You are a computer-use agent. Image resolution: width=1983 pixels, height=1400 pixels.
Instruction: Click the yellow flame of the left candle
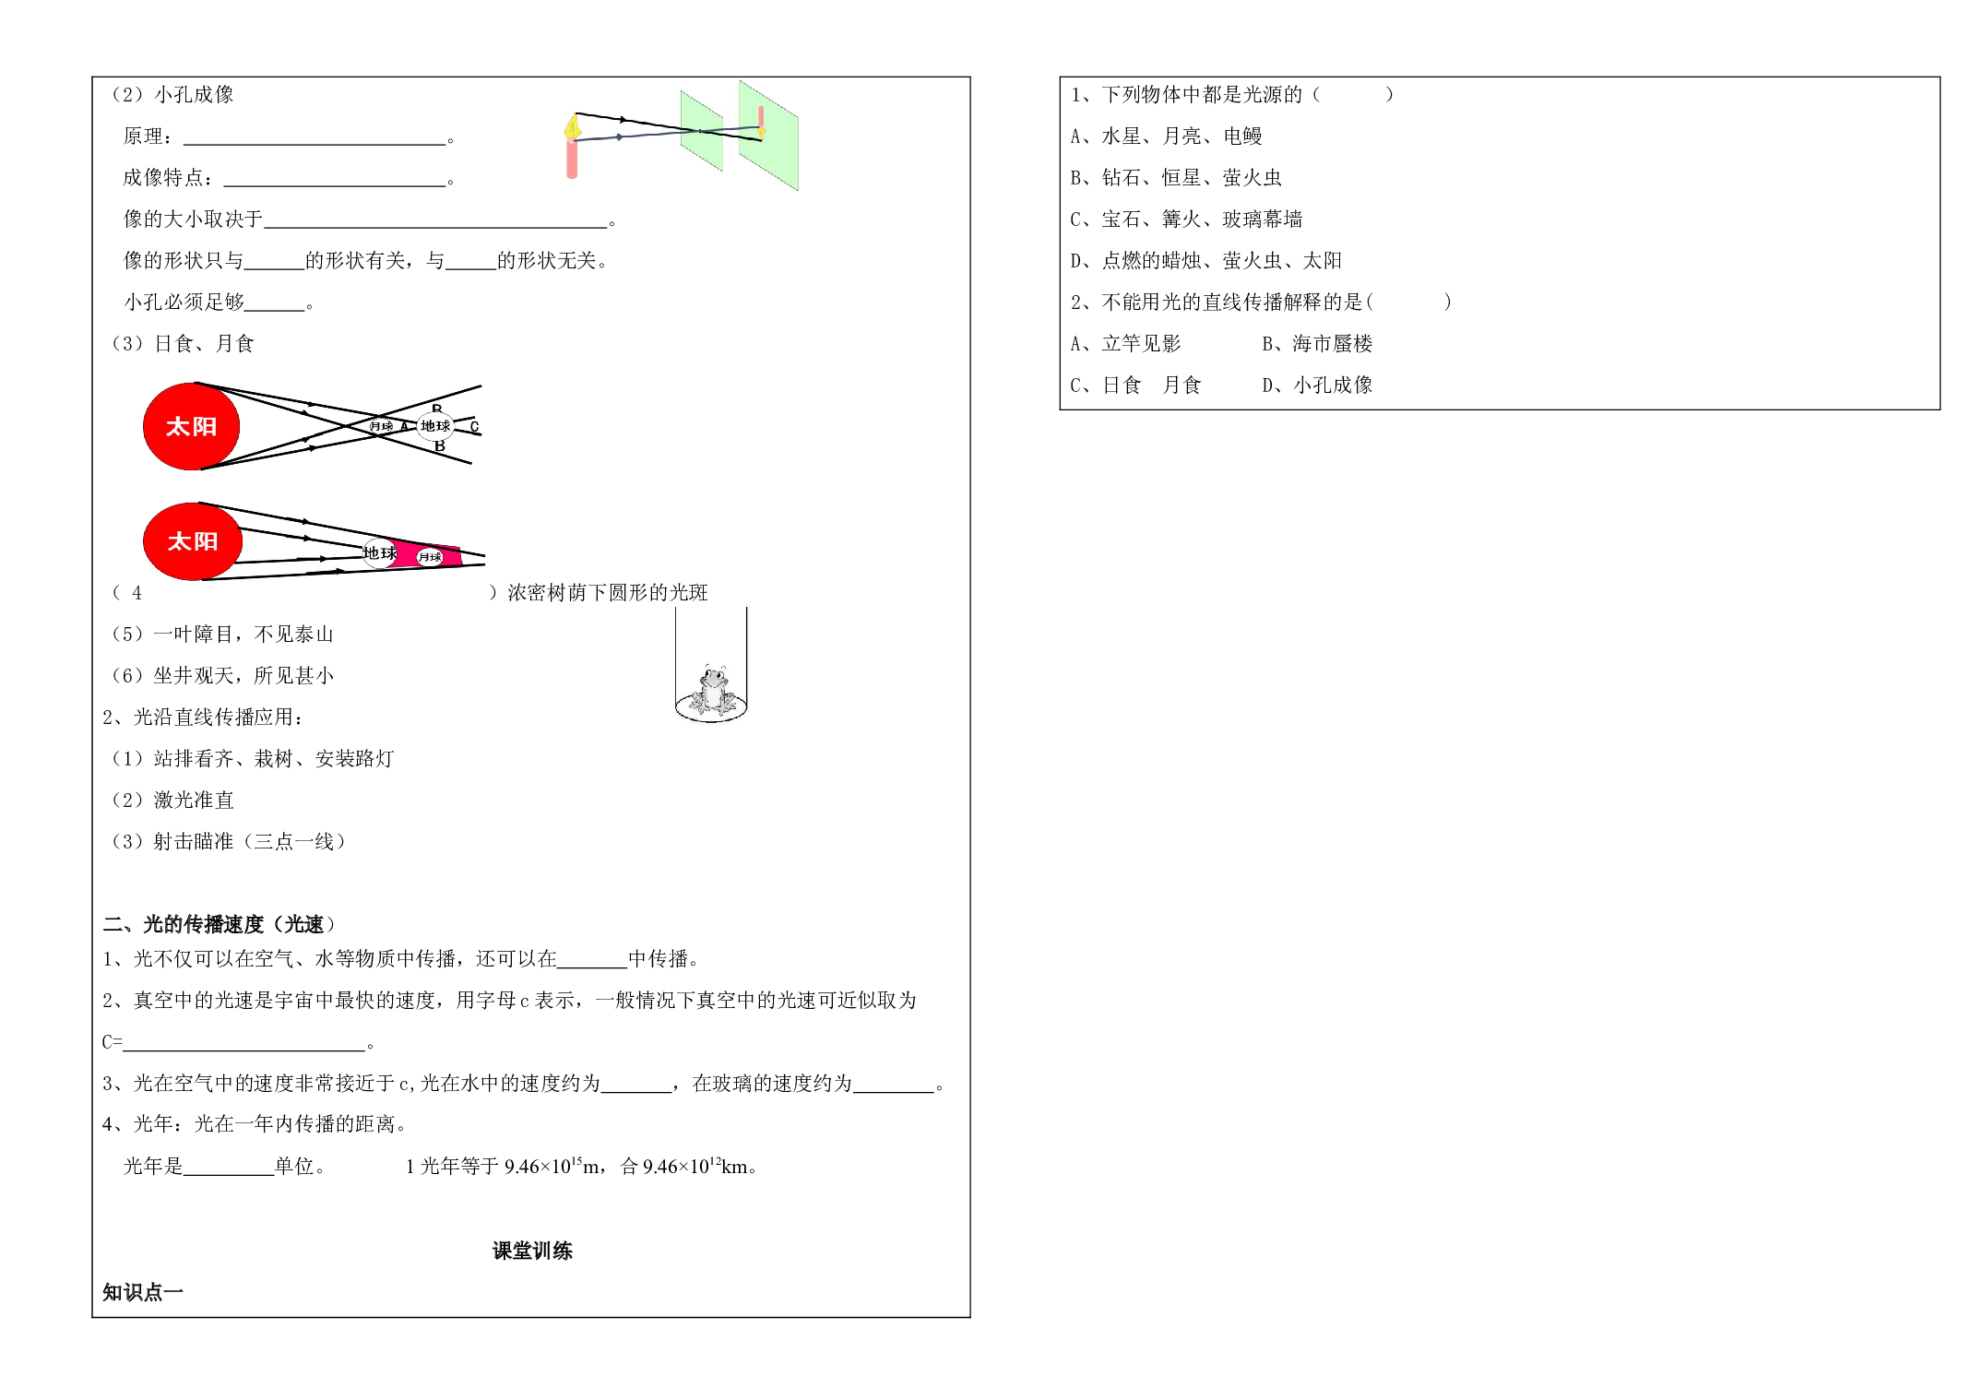tap(573, 126)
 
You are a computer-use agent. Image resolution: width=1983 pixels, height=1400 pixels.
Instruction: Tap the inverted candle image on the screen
tap(761, 123)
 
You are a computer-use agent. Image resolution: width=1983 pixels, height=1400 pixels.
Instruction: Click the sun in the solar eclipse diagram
tap(192, 426)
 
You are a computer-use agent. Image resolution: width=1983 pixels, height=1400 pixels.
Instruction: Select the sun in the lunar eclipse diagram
tap(193, 541)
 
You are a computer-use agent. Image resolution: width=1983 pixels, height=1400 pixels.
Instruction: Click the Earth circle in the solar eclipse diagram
tap(435, 426)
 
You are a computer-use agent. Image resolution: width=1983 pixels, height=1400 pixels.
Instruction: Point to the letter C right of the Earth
tap(474, 426)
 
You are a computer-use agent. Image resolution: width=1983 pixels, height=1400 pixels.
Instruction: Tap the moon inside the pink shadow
tap(430, 557)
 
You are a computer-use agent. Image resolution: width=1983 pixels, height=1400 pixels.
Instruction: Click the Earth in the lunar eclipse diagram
tap(379, 552)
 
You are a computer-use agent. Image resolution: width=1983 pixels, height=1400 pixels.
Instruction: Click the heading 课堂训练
tap(532, 1251)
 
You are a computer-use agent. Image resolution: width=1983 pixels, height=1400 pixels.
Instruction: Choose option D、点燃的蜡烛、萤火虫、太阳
tap(1205, 261)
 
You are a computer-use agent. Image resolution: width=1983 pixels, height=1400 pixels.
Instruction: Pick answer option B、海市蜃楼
tap(1317, 344)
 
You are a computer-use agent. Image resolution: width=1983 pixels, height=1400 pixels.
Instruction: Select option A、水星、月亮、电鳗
tap(1166, 136)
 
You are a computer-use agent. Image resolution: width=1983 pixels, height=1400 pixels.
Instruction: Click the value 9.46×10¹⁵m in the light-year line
tap(552, 1166)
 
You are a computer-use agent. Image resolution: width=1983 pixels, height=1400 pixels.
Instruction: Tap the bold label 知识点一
tap(143, 1292)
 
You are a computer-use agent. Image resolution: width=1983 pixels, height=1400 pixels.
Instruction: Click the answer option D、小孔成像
tap(1317, 386)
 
